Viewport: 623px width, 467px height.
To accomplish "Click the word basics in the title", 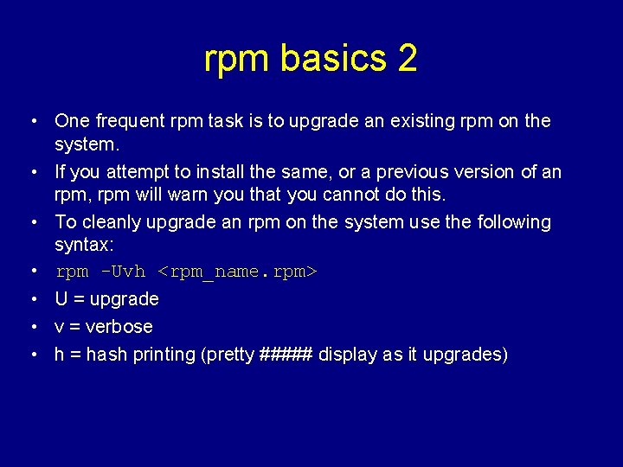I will click(333, 59).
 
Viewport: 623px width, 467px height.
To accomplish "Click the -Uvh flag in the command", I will click(124, 272).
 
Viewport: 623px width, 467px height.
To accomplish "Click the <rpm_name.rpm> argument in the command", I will click(238, 272).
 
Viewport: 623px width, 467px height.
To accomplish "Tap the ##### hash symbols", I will click(286, 355).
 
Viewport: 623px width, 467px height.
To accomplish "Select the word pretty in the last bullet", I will click(228, 355).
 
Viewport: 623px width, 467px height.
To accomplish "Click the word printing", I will click(163, 355).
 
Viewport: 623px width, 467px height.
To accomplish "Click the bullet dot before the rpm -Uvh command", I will click(30, 272).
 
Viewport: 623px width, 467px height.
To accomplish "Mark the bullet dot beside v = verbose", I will click(30, 327).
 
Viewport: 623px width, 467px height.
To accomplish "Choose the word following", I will click(509, 221).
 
